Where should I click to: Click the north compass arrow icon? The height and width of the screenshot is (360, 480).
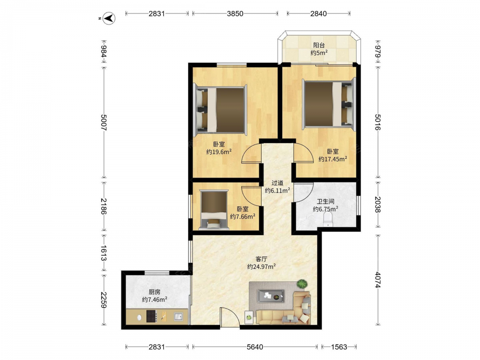click(108, 18)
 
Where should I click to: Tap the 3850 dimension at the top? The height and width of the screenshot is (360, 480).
click(235, 13)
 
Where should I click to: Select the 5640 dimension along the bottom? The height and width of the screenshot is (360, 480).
click(255, 347)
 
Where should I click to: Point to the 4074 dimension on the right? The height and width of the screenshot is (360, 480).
click(377, 280)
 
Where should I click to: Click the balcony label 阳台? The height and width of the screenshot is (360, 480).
click(319, 45)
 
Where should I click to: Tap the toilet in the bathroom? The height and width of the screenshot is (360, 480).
click(327, 219)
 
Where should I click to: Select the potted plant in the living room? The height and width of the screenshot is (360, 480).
click(302, 284)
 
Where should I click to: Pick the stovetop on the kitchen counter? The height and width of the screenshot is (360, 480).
click(152, 316)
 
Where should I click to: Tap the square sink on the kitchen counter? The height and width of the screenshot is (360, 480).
click(179, 316)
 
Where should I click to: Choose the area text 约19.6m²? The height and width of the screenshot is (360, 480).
click(219, 152)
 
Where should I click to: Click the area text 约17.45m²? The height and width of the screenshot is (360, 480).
click(333, 159)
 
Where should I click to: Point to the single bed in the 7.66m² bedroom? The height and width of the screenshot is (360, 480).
click(214, 209)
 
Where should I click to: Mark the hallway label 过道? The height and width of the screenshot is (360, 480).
click(277, 183)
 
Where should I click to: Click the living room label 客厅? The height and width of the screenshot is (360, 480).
click(261, 259)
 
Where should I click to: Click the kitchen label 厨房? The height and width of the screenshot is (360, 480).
click(155, 292)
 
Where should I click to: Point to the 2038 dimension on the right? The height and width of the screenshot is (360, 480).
click(377, 204)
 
